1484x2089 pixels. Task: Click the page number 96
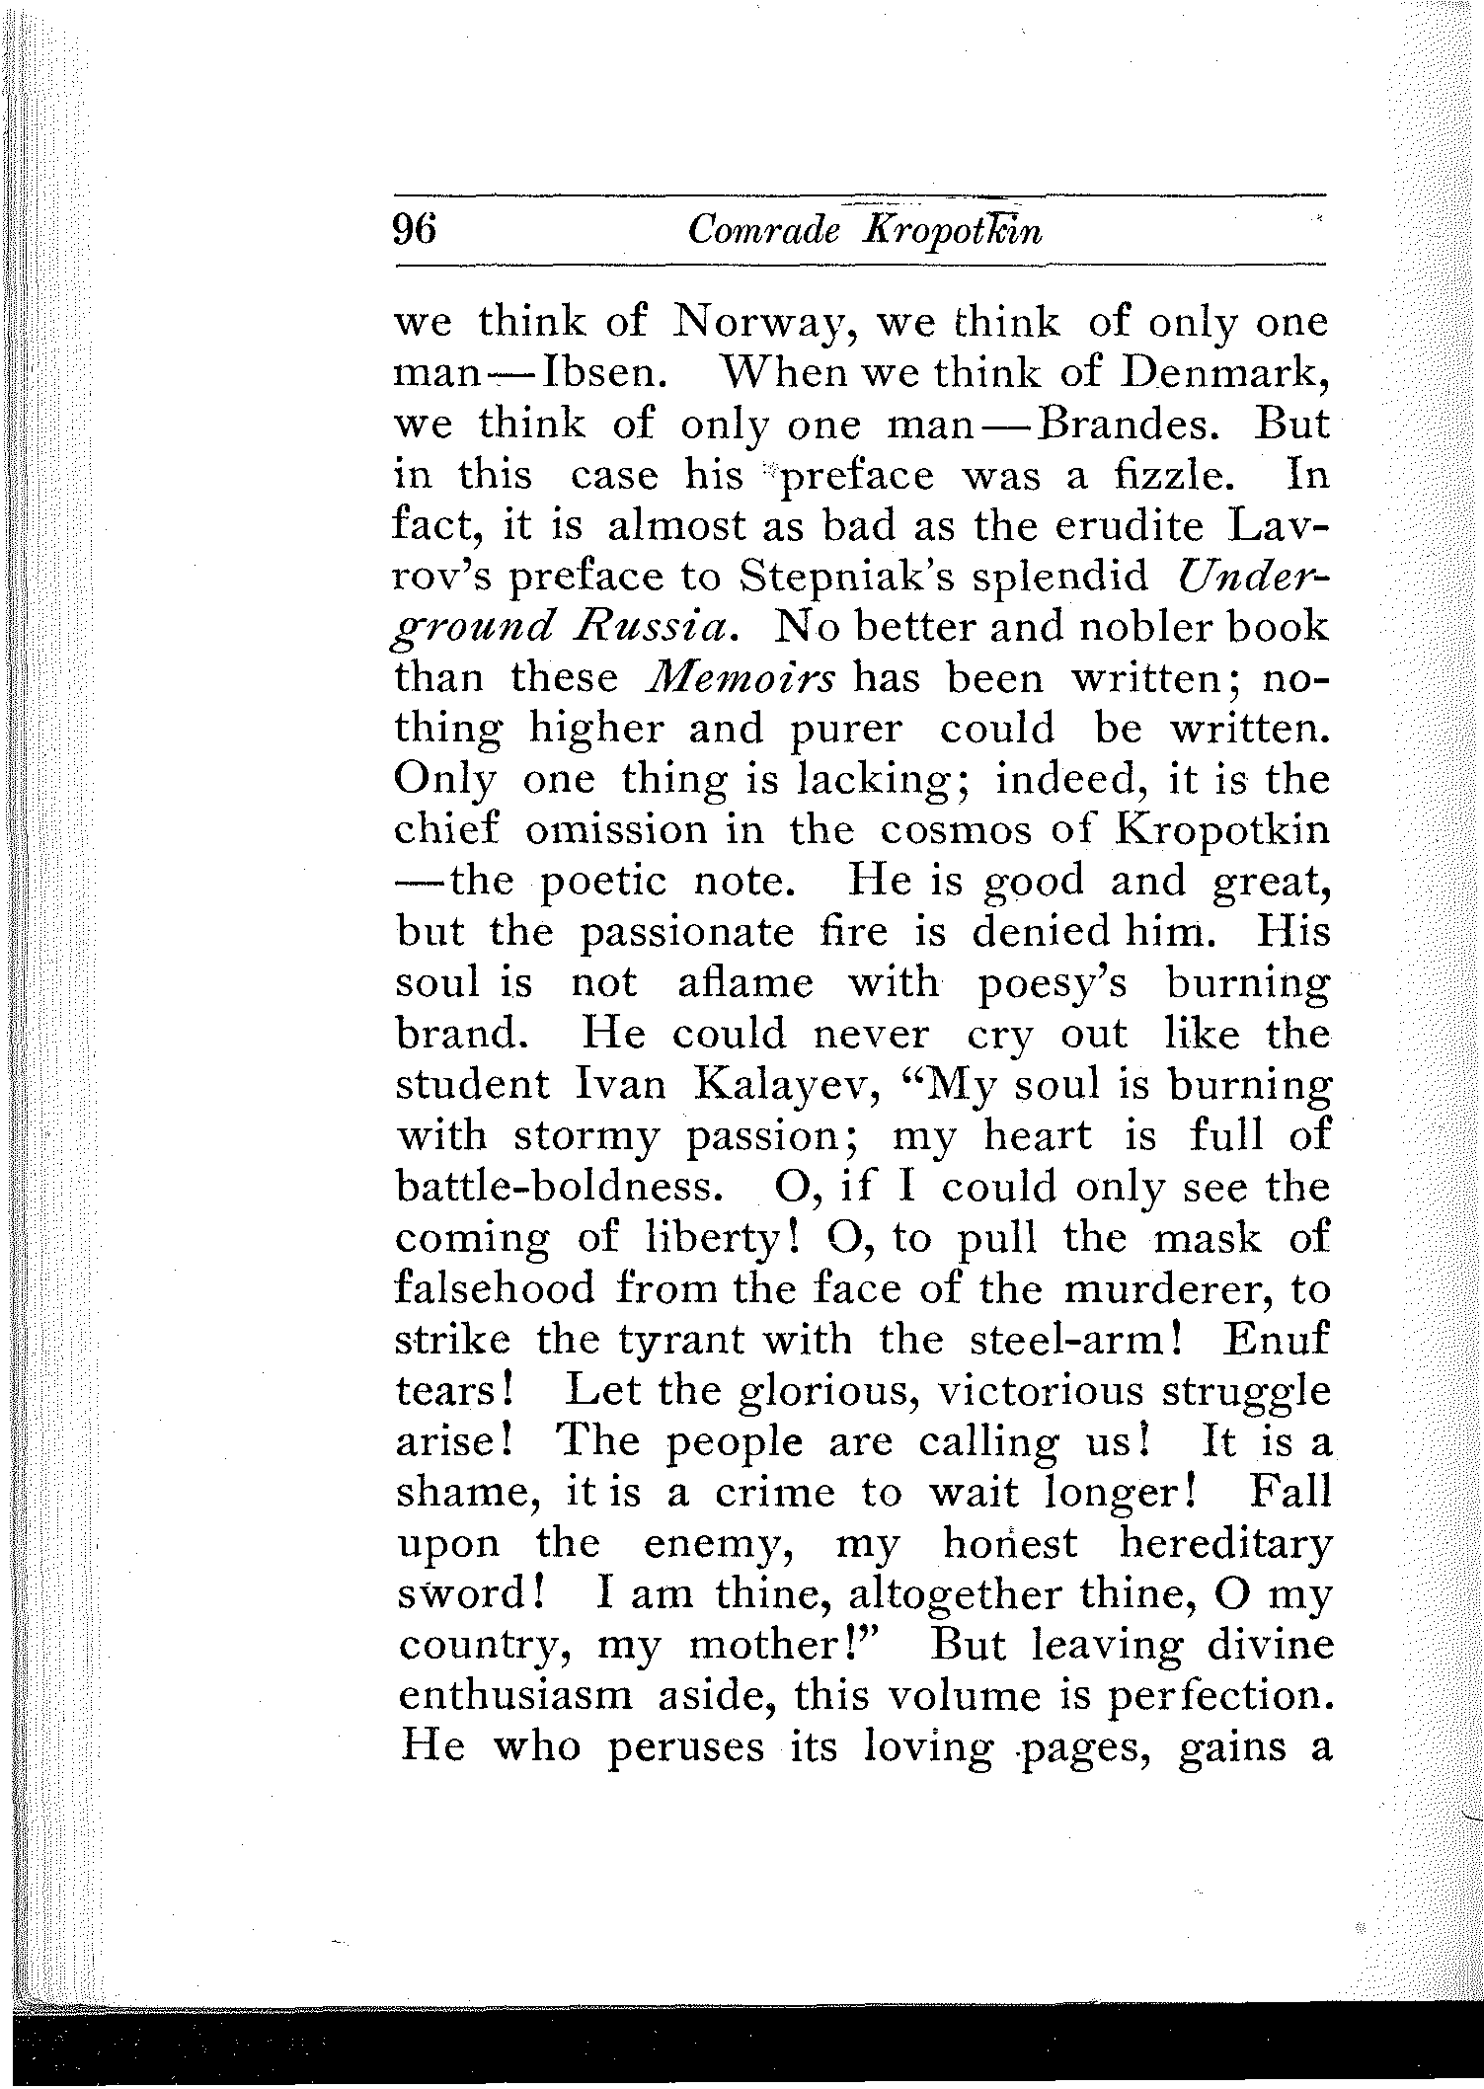(415, 230)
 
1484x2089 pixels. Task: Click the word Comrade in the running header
(763, 230)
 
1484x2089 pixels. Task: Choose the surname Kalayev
(779, 1085)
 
